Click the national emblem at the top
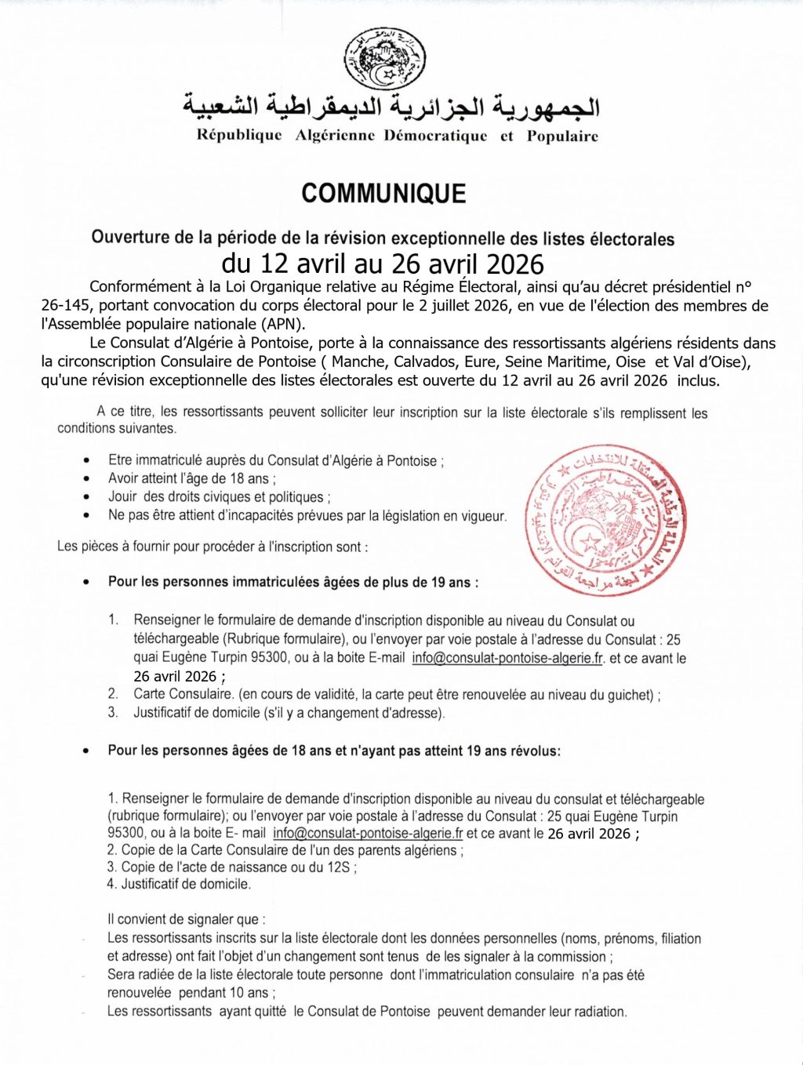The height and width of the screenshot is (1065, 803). click(385, 59)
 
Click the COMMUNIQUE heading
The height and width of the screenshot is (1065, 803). click(383, 194)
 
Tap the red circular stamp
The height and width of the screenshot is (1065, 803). click(606, 521)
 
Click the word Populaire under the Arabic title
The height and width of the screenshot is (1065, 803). click(562, 136)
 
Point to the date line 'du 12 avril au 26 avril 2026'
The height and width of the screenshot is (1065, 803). click(383, 264)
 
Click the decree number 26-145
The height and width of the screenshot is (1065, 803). click(65, 306)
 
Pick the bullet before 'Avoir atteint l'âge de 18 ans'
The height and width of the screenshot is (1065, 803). click(87, 478)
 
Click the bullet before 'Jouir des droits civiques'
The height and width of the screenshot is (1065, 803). click(87, 497)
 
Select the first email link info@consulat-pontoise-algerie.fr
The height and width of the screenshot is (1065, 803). click(507, 658)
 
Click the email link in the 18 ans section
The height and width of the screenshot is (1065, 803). click(368, 833)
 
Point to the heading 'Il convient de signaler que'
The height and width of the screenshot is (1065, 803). click(187, 919)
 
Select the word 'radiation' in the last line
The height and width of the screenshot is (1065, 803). click(598, 1012)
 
